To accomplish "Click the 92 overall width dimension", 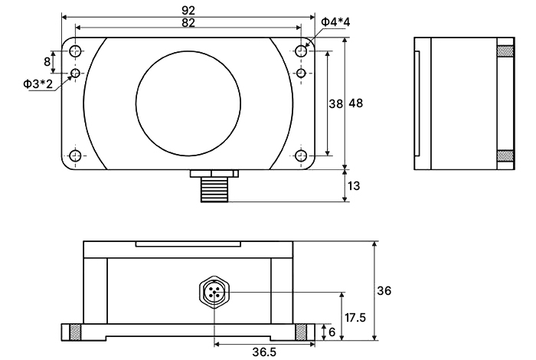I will [x=188, y=10].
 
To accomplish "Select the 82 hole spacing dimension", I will [x=188, y=23].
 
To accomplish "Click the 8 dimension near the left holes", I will [x=47, y=61].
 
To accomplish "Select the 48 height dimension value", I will [x=356, y=103].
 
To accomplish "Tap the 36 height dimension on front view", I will [x=384, y=291].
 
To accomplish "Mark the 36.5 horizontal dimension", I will [x=263, y=352].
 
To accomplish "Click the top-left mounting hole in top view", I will [x=76, y=51].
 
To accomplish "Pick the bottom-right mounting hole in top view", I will [x=301, y=156].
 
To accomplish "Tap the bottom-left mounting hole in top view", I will [x=76, y=156].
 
